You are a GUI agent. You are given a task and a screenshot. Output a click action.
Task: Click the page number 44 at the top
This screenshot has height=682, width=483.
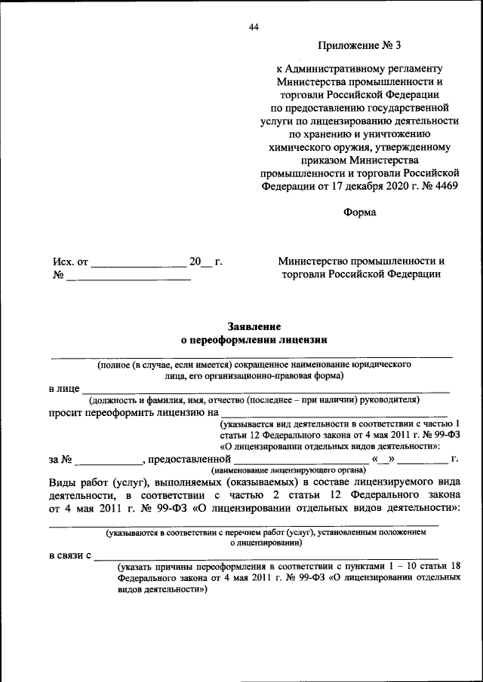click(x=254, y=28)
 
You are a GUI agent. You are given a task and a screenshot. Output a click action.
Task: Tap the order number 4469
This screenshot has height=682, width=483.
click(x=441, y=185)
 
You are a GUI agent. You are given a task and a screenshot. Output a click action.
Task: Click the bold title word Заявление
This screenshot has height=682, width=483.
click(x=254, y=326)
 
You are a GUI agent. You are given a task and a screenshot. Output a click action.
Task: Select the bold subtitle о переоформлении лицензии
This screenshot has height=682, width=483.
click(x=254, y=340)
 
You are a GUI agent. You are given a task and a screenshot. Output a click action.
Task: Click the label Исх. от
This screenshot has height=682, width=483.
click(x=70, y=262)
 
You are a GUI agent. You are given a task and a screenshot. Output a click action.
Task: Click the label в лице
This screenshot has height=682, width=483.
click(x=64, y=388)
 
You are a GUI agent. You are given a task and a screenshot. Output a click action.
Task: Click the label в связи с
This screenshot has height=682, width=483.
click(x=70, y=555)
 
